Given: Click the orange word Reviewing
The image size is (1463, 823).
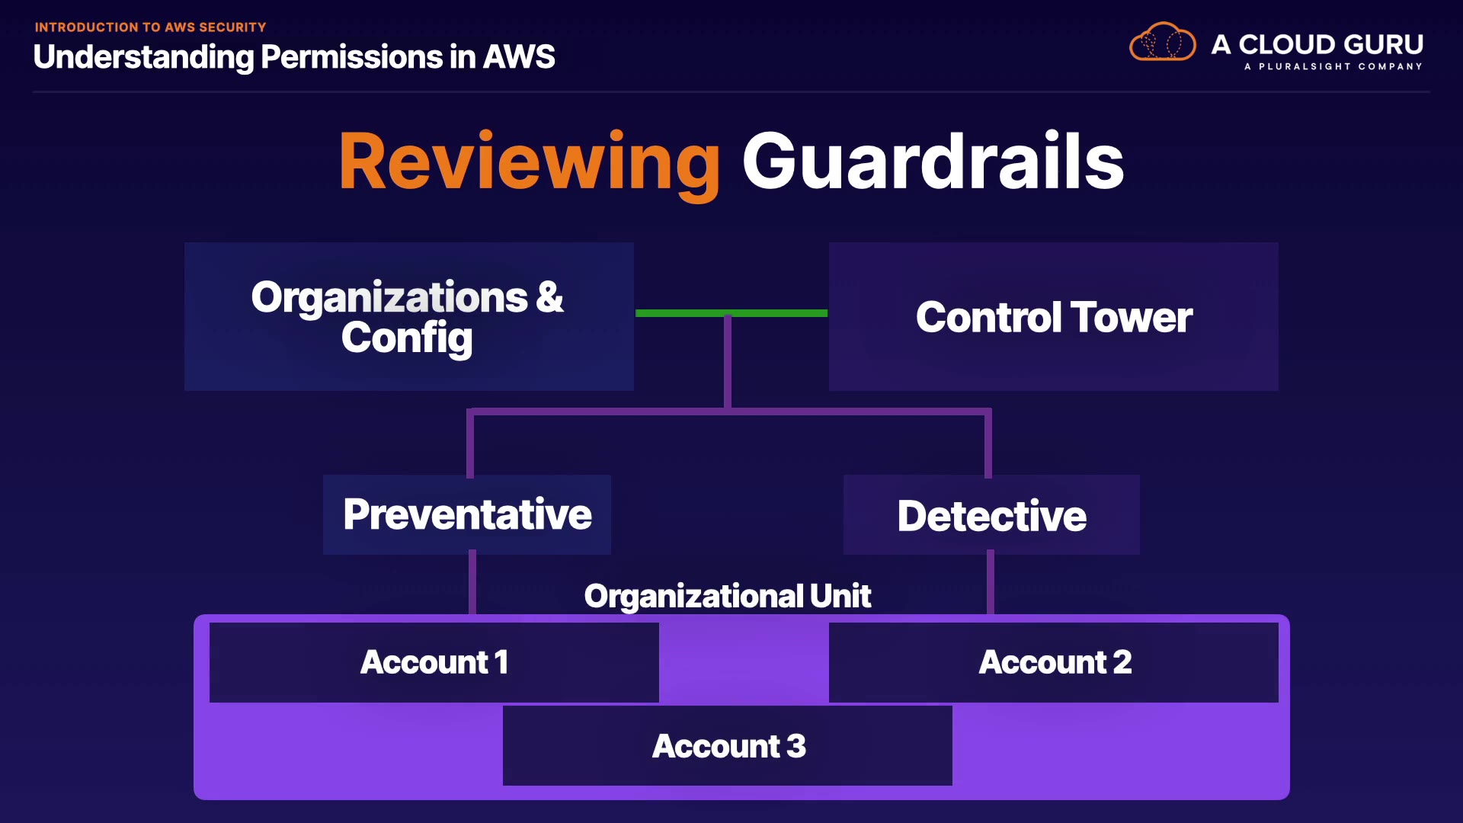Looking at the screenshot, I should coord(529,162).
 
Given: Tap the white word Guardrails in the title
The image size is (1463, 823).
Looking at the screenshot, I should coord(933,162).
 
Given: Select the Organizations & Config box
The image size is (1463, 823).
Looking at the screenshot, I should coord(408,316).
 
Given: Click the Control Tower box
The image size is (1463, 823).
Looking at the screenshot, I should coord(1053,316).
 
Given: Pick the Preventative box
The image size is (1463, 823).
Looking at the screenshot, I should coord(466,514).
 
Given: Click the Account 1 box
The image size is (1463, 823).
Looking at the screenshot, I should coord(434,662).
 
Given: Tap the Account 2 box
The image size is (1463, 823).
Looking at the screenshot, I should coord(1053,662).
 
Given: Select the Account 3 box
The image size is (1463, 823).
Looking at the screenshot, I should coord(727,746).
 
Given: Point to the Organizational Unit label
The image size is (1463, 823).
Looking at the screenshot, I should coord(727,596).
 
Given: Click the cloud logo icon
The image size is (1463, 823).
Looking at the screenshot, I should coord(1162,43).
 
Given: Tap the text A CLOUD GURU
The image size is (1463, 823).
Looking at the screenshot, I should coord(1317,44).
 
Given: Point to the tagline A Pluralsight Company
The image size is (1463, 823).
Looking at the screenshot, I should coord(1333,67).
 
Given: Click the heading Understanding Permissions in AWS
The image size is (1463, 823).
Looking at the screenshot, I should coord(294,57).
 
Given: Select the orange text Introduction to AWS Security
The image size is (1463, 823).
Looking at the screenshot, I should coord(150,27).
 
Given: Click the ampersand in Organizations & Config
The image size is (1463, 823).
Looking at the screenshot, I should coord(549,296).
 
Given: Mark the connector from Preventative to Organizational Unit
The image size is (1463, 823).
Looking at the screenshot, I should coord(472,584).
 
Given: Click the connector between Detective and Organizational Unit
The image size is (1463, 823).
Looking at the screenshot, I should coord(991,584).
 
